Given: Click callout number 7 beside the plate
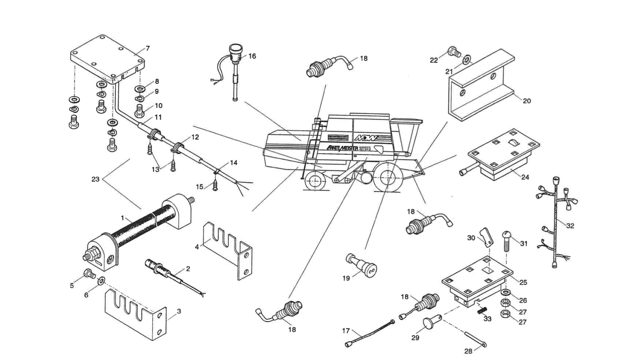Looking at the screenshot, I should (148, 48).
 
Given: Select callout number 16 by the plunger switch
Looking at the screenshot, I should (252, 56).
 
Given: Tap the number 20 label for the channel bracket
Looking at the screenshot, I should (526, 101).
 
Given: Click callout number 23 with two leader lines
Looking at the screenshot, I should (95, 179).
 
